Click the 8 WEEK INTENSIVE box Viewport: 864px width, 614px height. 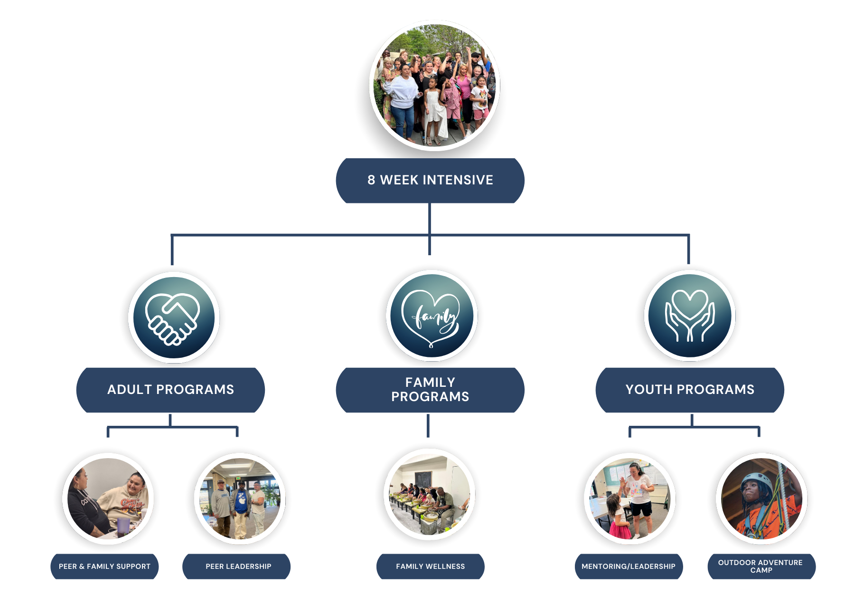tap(430, 181)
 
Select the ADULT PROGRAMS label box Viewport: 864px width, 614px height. tap(170, 390)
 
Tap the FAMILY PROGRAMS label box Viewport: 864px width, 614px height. tap(430, 390)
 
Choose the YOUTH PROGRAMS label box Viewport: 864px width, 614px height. tap(690, 390)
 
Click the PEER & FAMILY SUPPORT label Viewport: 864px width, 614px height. tap(104, 566)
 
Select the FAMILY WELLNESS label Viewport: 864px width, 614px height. tap(430, 566)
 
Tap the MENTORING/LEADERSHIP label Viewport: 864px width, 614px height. tap(629, 566)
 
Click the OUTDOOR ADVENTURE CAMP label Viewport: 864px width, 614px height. tap(761, 566)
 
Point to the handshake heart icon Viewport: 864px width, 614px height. tap(173, 317)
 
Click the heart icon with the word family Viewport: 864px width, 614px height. tap(431, 316)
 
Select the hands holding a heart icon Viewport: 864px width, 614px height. tap(690, 316)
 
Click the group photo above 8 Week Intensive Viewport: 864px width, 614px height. tap(434, 86)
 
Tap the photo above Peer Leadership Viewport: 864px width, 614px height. tap(240, 499)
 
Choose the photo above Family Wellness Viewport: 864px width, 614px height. tap(430, 494)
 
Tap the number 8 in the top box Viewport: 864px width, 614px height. tap(371, 181)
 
